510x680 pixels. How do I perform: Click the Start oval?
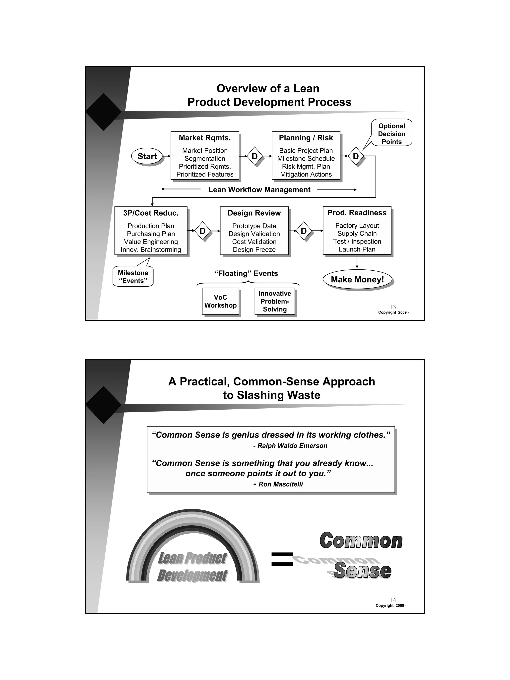147,156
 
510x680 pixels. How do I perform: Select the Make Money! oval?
357,279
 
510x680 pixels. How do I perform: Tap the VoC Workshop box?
220,301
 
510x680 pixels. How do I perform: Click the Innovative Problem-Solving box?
274,301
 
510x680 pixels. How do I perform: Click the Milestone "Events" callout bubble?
133,277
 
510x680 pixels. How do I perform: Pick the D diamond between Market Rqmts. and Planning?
255,156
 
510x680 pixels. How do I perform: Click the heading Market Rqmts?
205,138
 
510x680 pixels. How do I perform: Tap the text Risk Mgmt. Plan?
306,166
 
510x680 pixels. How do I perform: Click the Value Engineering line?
151,242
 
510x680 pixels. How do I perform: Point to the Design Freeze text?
254,250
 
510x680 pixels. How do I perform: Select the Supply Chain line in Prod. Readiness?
357,234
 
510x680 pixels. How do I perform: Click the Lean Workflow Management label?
259,190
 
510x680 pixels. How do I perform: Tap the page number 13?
392,307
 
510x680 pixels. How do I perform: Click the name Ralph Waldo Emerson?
292,446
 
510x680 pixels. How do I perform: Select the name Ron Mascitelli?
280,484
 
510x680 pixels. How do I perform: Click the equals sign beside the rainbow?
282,559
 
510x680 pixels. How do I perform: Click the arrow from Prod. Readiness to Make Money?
357,262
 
